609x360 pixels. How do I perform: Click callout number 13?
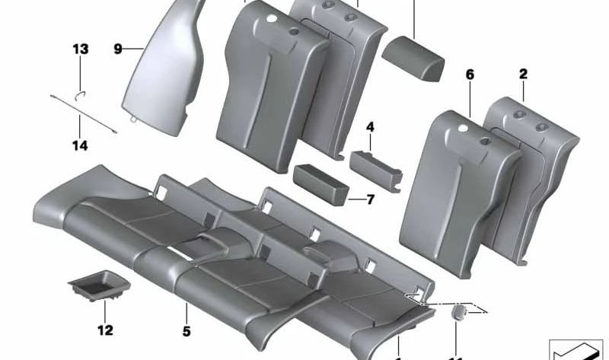coord(80,49)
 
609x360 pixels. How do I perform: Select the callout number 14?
coord(80,145)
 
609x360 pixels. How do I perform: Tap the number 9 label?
coord(118,49)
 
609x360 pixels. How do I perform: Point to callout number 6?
coord(469,75)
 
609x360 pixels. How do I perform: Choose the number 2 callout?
coord(523,74)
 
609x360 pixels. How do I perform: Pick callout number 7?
coord(370,200)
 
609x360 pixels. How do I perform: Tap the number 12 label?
coord(105,330)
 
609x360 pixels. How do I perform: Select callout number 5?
coord(187,331)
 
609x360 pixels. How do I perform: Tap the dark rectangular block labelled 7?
coord(320,182)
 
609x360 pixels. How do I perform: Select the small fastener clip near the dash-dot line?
coord(459,314)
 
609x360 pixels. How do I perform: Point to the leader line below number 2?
coord(523,91)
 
